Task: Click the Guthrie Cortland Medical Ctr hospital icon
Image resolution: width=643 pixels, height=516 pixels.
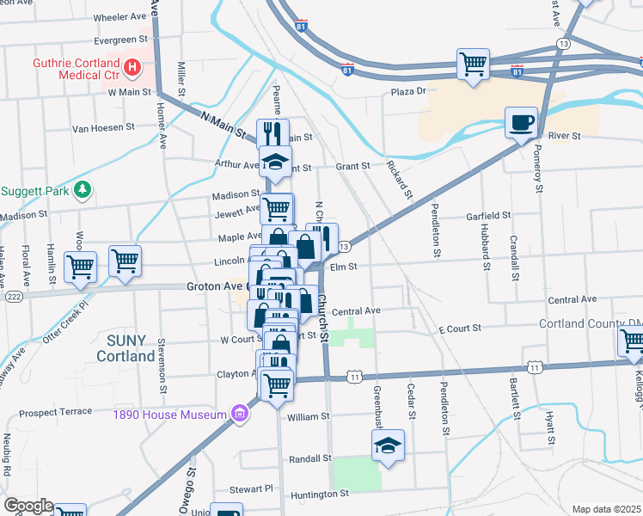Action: (132, 66)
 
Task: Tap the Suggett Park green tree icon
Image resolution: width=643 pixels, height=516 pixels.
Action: (83, 189)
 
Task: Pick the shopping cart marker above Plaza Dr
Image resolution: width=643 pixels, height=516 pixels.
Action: (473, 64)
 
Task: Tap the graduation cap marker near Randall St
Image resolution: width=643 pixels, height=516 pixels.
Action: (388, 445)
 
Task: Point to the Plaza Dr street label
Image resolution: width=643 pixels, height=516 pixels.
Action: (408, 92)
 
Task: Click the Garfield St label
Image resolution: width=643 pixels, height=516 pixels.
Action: (488, 215)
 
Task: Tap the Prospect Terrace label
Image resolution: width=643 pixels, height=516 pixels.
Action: (55, 412)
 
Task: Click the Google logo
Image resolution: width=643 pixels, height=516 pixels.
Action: (28, 506)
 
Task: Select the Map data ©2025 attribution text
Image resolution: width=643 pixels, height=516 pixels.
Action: (606, 509)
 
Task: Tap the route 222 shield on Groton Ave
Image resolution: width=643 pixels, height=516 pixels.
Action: (13, 295)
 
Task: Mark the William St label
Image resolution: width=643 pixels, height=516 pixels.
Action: (309, 416)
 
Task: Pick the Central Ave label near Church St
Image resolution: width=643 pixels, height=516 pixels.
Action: (356, 310)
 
